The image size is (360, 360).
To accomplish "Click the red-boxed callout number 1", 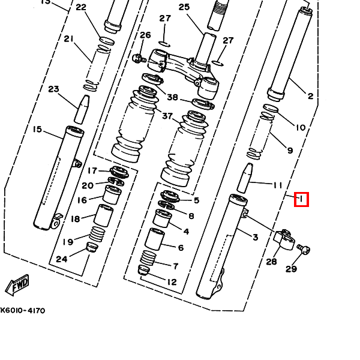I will click(301, 199).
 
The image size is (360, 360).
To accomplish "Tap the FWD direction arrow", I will click(16, 284).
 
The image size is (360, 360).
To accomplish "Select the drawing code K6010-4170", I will click(22, 311).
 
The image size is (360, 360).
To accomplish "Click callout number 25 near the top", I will click(184, 7).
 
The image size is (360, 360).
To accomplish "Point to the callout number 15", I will click(37, 129).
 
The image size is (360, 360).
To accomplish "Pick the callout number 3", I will click(254, 238).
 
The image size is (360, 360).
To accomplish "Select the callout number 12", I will click(172, 282).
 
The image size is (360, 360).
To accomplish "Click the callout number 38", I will click(172, 97).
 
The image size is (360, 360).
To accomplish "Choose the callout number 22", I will click(80, 7).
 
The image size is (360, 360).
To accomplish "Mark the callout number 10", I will click(300, 127).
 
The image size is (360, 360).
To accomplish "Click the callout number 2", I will click(310, 96).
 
